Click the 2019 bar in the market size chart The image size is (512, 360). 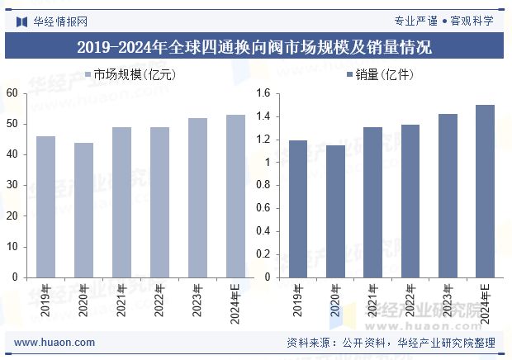[45, 206]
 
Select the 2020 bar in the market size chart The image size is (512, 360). [83, 210]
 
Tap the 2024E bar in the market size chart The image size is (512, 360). [235, 196]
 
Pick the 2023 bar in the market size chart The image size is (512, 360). [197, 197]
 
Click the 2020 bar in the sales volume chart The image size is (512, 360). [335, 211]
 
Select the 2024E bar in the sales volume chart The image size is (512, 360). [486, 191]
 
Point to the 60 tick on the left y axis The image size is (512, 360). [12, 93]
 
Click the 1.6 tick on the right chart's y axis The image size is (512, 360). [263, 93]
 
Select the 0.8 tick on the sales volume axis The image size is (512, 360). [263, 186]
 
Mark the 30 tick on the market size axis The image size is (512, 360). [12, 186]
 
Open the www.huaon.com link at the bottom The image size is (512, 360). [55, 343]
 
